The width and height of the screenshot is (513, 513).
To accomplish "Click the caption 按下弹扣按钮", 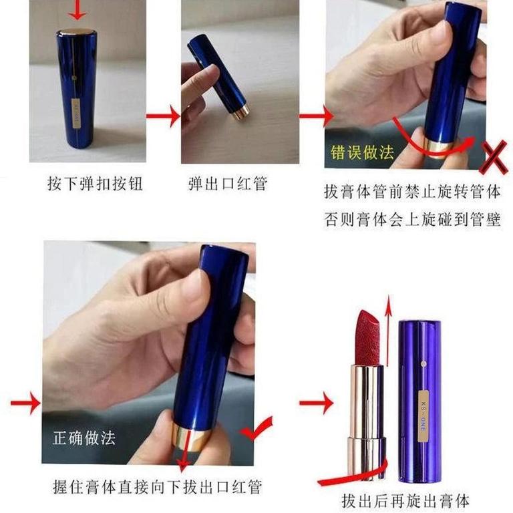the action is pos(96,183).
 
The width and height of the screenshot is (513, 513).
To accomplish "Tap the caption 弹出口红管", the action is pos(228,183).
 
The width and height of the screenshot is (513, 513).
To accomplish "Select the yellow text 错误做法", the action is pos(362,152).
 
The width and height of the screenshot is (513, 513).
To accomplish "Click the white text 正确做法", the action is pos(84,438).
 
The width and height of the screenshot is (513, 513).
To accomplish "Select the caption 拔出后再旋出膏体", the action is pos(405,500).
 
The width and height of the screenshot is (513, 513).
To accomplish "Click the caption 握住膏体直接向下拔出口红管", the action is pos(158,487).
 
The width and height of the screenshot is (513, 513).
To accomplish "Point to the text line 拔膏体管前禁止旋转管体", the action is pos(412,192).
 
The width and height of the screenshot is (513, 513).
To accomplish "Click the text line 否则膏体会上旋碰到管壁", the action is pos(412,219).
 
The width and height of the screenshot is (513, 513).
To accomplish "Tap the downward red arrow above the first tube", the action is pos(77,10).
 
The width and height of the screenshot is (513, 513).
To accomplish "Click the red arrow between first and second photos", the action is pos(163,116).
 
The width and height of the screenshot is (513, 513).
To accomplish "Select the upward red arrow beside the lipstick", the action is pos(388,331).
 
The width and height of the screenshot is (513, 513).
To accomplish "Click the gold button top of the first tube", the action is pos(77,32).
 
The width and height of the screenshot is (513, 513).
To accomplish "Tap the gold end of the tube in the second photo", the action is pos(241,113).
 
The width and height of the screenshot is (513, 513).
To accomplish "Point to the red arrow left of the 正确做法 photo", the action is pos(26,403).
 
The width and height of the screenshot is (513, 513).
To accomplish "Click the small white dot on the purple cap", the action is pos(423,363).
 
